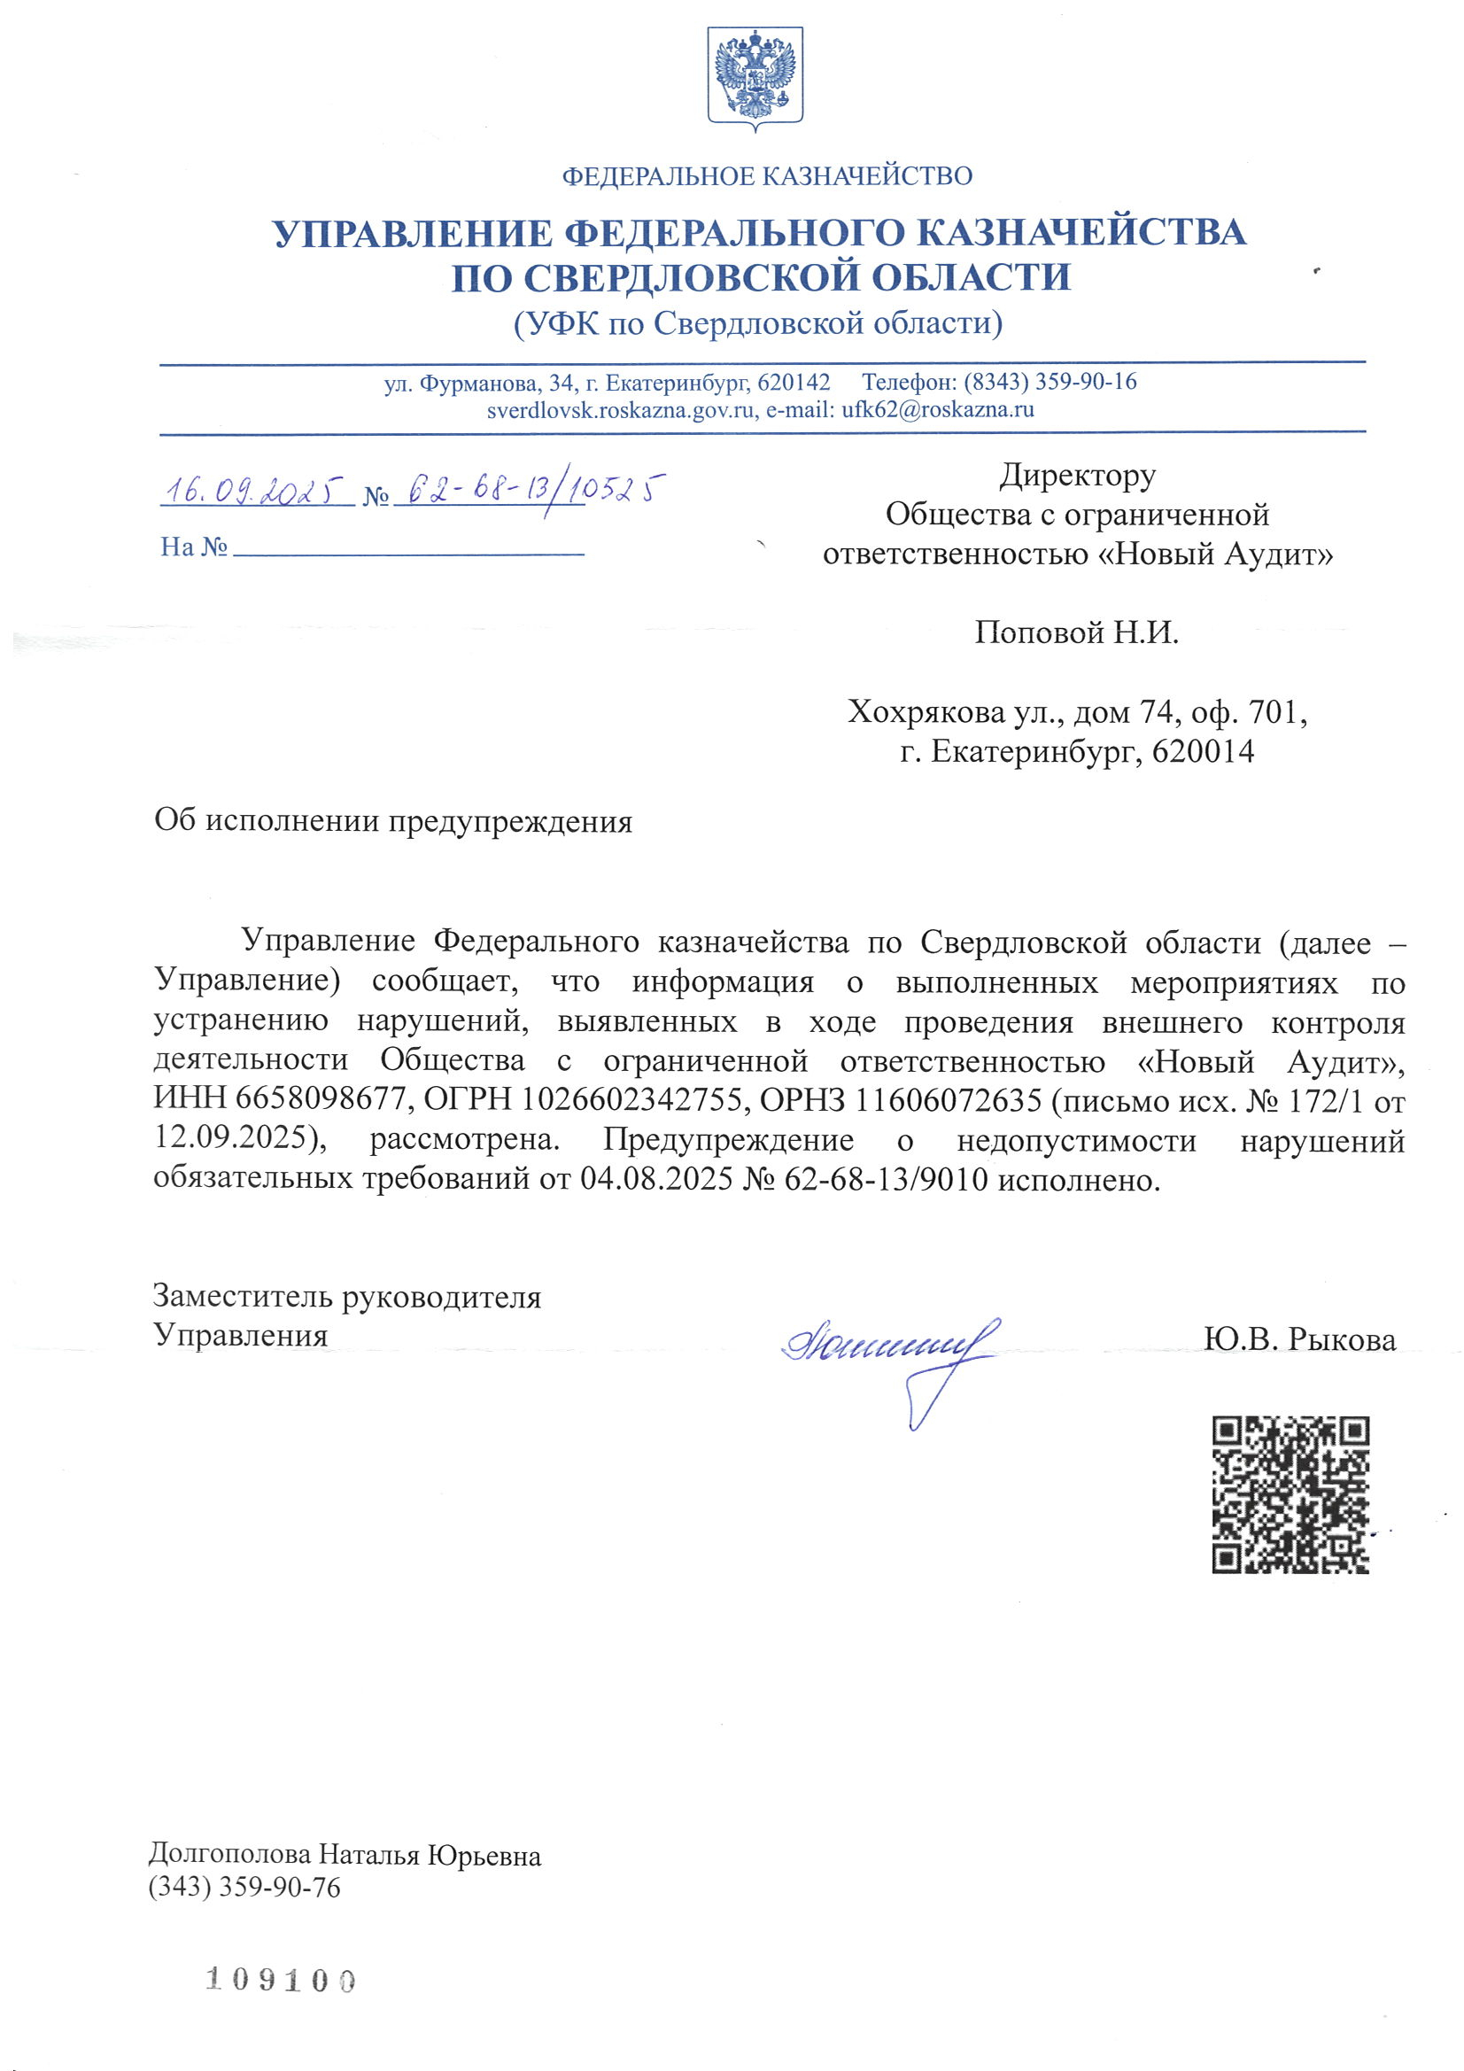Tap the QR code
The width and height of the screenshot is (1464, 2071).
1290,1494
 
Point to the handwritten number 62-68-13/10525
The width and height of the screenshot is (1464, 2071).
536,492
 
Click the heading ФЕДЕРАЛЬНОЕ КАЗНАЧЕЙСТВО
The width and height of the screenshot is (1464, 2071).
767,176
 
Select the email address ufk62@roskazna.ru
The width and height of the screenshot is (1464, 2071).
938,409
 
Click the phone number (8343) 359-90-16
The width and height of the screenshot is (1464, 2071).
1050,382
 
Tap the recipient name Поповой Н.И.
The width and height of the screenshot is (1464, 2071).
1076,633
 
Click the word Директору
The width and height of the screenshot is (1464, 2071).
1077,476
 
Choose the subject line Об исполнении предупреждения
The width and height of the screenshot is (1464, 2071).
393,822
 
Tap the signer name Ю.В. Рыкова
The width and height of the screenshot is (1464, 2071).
1299,1339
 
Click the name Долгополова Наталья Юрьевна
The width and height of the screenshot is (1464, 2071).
345,1856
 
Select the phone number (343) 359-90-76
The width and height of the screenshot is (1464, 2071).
244,1887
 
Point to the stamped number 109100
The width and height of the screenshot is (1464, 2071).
281,1981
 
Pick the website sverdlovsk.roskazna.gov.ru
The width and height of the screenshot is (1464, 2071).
621,409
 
